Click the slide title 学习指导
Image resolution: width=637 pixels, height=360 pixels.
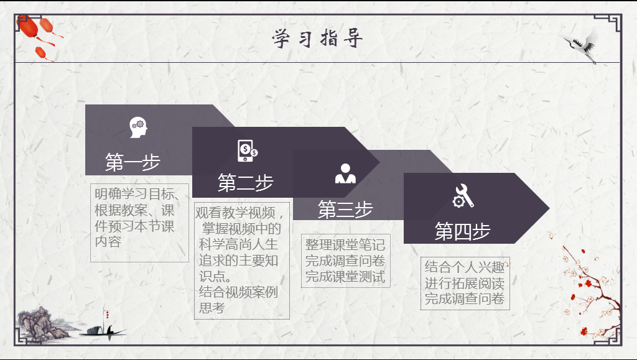(317, 39)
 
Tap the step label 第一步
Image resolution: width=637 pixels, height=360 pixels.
(133, 162)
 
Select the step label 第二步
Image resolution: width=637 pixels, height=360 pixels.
(245, 183)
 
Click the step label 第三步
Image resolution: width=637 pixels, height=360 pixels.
(345, 210)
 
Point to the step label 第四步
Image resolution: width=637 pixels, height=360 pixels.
(462, 231)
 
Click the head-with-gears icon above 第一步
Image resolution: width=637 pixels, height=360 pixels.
(138, 127)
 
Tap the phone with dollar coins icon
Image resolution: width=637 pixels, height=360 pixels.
(247, 151)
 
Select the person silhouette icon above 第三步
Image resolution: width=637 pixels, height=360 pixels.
(345, 174)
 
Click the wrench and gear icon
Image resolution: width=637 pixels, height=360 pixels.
(463, 196)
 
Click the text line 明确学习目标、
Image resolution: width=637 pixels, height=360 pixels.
(138, 193)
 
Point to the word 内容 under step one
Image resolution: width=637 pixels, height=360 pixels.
(108, 242)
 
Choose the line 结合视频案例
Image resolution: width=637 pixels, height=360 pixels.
(238, 292)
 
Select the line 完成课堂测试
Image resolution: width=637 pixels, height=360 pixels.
(345, 277)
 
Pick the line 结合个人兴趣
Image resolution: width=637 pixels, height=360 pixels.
(464, 267)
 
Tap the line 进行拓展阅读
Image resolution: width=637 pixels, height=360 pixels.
(464, 284)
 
